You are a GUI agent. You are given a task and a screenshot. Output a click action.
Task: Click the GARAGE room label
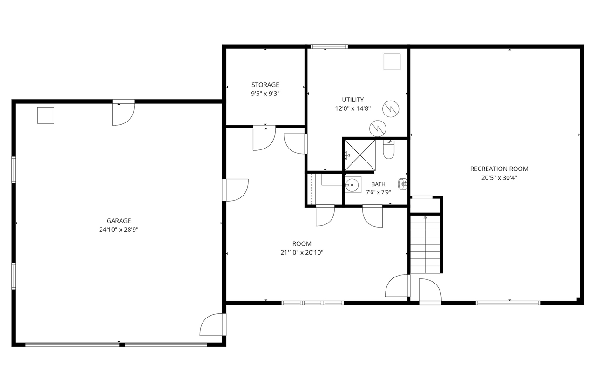[119, 221]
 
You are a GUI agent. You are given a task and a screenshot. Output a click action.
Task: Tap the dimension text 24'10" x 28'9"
[119, 230]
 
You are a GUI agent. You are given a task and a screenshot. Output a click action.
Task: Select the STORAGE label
[265, 85]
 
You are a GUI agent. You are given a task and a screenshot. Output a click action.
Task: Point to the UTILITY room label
[353, 100]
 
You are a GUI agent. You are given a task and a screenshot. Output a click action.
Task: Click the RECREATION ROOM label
[499, 169]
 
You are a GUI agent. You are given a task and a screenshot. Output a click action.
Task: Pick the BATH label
[379, 184]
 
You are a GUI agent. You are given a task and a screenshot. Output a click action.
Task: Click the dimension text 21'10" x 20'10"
[302, 253]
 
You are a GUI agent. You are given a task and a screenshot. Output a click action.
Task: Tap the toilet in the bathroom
[389, 149]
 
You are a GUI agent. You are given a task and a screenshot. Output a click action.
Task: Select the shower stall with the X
[360, 155]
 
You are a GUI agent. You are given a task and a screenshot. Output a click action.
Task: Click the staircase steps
[425, 244]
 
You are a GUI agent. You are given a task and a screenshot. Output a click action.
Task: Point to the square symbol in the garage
[46, 115]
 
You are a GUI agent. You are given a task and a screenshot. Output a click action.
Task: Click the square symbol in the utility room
[392, 62]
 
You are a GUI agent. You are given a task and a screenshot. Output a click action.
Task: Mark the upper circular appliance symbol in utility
[391, 109]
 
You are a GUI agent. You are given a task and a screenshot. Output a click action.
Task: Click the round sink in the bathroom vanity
[352, 184]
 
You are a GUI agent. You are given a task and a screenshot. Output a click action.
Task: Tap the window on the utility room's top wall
[329, 47]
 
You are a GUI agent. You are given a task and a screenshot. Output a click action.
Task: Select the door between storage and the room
[264, 138]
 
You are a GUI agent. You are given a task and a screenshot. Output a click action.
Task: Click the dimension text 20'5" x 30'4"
[499, 178]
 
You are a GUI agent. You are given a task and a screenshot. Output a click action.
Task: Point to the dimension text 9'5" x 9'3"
[265, 94]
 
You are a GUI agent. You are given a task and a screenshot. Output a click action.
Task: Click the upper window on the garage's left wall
[14, 169]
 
